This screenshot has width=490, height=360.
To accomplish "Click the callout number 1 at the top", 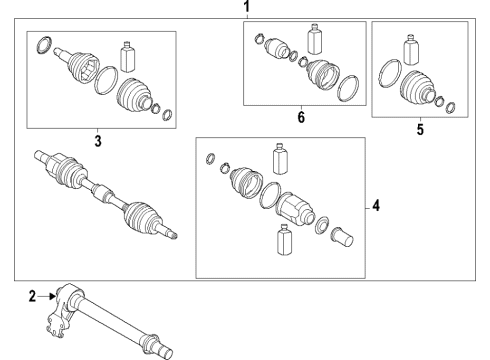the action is [x=246, y=6].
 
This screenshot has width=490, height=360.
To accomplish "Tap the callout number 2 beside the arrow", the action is [x=32, y=296].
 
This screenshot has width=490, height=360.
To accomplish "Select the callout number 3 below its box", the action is [x=98, y=141].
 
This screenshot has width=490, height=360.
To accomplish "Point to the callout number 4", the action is [x=376, y=206].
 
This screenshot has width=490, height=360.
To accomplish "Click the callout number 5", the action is [x=420, y=130].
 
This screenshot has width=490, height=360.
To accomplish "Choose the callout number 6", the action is [x=301, y=117].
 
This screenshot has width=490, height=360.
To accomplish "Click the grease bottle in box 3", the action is [x=127, y=57].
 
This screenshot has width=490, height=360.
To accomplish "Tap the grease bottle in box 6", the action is [x=315, y=39].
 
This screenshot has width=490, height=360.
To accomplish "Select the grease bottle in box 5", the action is [x=411, y=49].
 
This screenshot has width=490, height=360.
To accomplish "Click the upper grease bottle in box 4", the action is [x=280, y=159].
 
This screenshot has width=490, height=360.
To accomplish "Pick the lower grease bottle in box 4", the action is [x=284, y=240].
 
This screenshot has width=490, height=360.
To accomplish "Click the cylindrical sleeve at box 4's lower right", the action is [x=342, y=237].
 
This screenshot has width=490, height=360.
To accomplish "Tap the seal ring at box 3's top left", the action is [x=44, y=45].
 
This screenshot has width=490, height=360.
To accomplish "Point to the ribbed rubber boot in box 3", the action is [x=134, y=94].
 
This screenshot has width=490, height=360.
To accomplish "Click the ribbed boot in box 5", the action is [x=417, y=87].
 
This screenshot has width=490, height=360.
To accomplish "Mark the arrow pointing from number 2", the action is [x=46, y=296].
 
